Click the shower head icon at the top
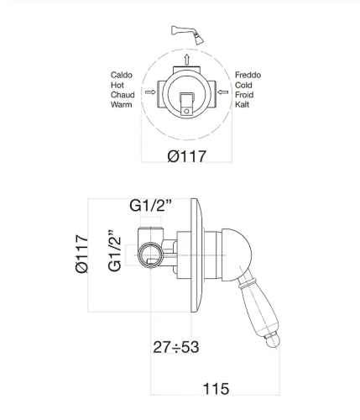coord(187,34)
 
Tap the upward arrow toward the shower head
coord(187,60)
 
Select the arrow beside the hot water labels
coord(150,92)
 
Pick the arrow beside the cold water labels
coord(223,92)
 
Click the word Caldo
coord(122,75)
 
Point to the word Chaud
coord(123,95)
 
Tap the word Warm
coord(122,104)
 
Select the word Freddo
coord(248,75)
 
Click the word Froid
coord(244,95)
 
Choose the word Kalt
coord(242,104)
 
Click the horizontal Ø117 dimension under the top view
coord(187,156)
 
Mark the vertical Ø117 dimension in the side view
coord(82,254)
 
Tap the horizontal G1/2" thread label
coord(150,206)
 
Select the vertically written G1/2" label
coord(114,251)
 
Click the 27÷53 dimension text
coord(176,347)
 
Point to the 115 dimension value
coord(216,389)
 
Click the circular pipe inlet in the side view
coord(150,255)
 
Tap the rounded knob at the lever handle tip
coord(273,340)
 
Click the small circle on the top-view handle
coord(186,112)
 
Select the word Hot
coord(117,85)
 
